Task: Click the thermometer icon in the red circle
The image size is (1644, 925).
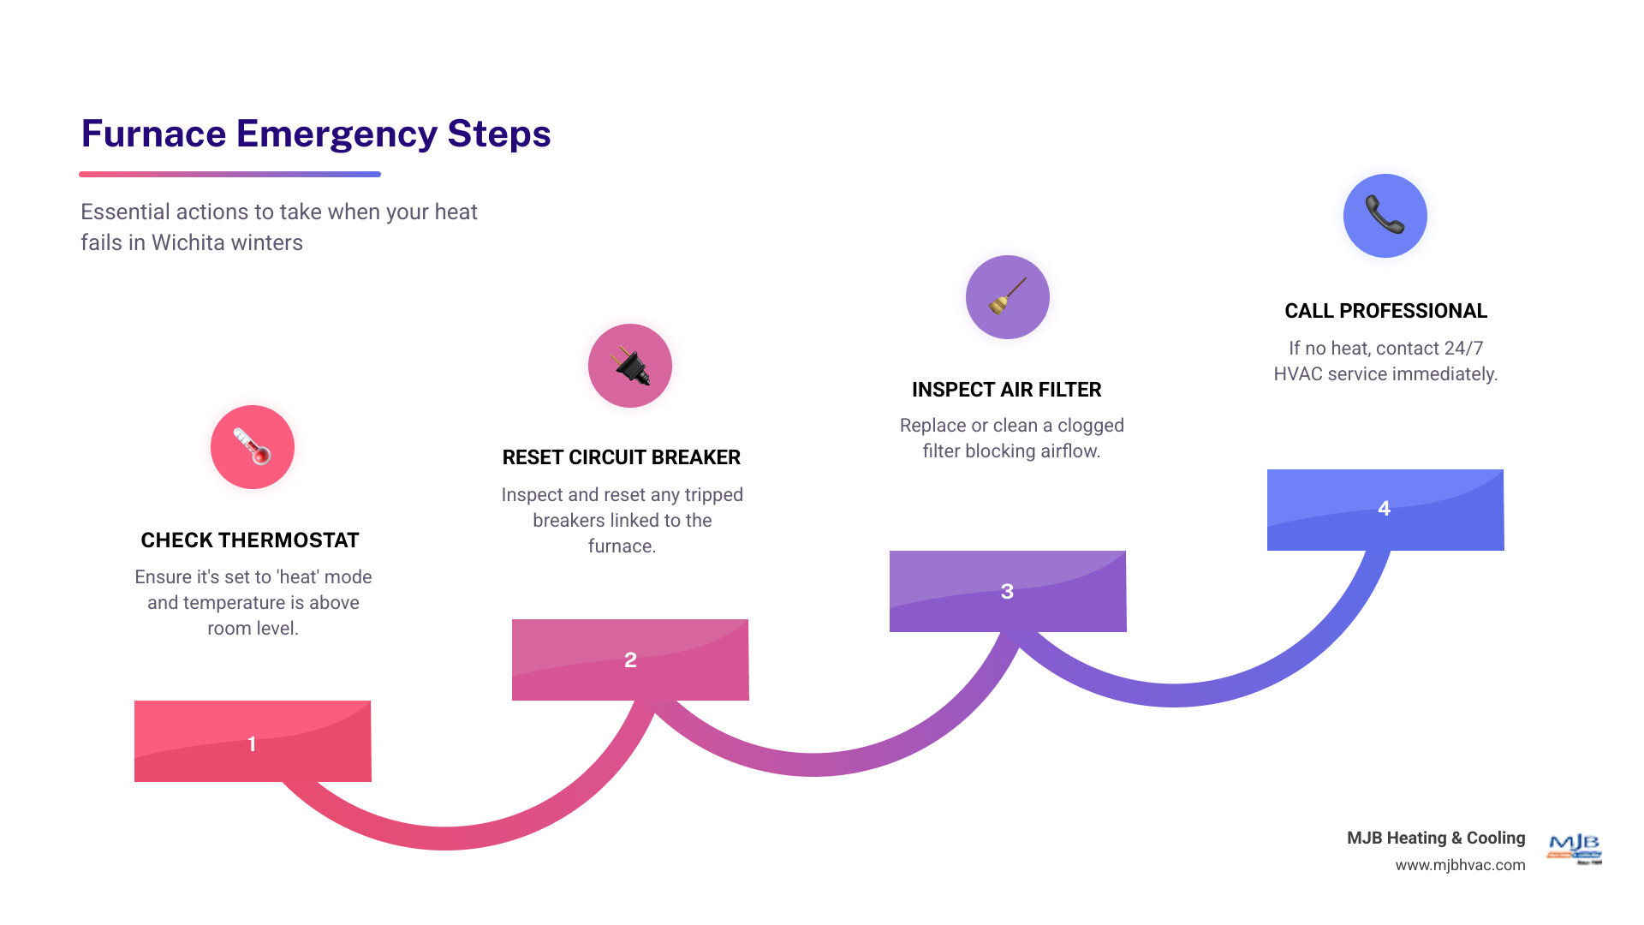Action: coord(253,447)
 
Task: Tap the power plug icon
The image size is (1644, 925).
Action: coord(630,366)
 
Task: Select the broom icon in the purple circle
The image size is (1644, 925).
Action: coord(1008,297)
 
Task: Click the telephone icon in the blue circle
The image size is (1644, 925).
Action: coord(1385,215)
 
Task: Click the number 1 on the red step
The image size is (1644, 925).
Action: coord(252,743)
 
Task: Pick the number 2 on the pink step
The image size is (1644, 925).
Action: coord(630,659)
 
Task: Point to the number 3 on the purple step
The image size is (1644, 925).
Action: coord(1007,591)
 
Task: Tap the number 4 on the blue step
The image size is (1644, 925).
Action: coord(1384,508)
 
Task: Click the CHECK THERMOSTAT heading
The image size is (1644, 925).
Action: coord(250,540)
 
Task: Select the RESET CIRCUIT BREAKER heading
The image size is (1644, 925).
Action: coord(622,457)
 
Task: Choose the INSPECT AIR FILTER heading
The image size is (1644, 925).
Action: coord(1007,390)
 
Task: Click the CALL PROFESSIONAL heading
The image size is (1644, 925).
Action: coord(1385,311)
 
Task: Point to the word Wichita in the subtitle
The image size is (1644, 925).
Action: coord(184,242)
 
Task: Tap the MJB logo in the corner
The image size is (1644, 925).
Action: coord(1575,848)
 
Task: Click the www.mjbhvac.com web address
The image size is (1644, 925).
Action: coord(1460,865)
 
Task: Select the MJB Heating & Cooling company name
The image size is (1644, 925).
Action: coord(1436,838)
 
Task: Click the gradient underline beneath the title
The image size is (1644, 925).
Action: coord(229,174)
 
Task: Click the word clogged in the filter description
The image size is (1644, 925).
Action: coord(1090,426)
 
